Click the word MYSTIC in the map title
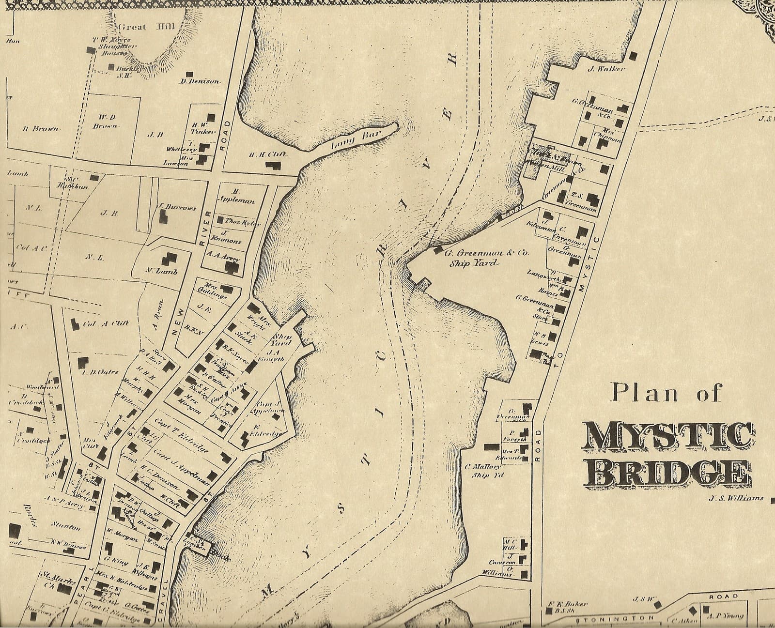tap(668, 437)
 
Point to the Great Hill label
tap(147, 27)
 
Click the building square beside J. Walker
tap(632, 56)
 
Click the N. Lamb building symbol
tap(169, 259)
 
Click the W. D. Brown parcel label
tap(107, 121)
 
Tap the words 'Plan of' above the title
tap(666, 392)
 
